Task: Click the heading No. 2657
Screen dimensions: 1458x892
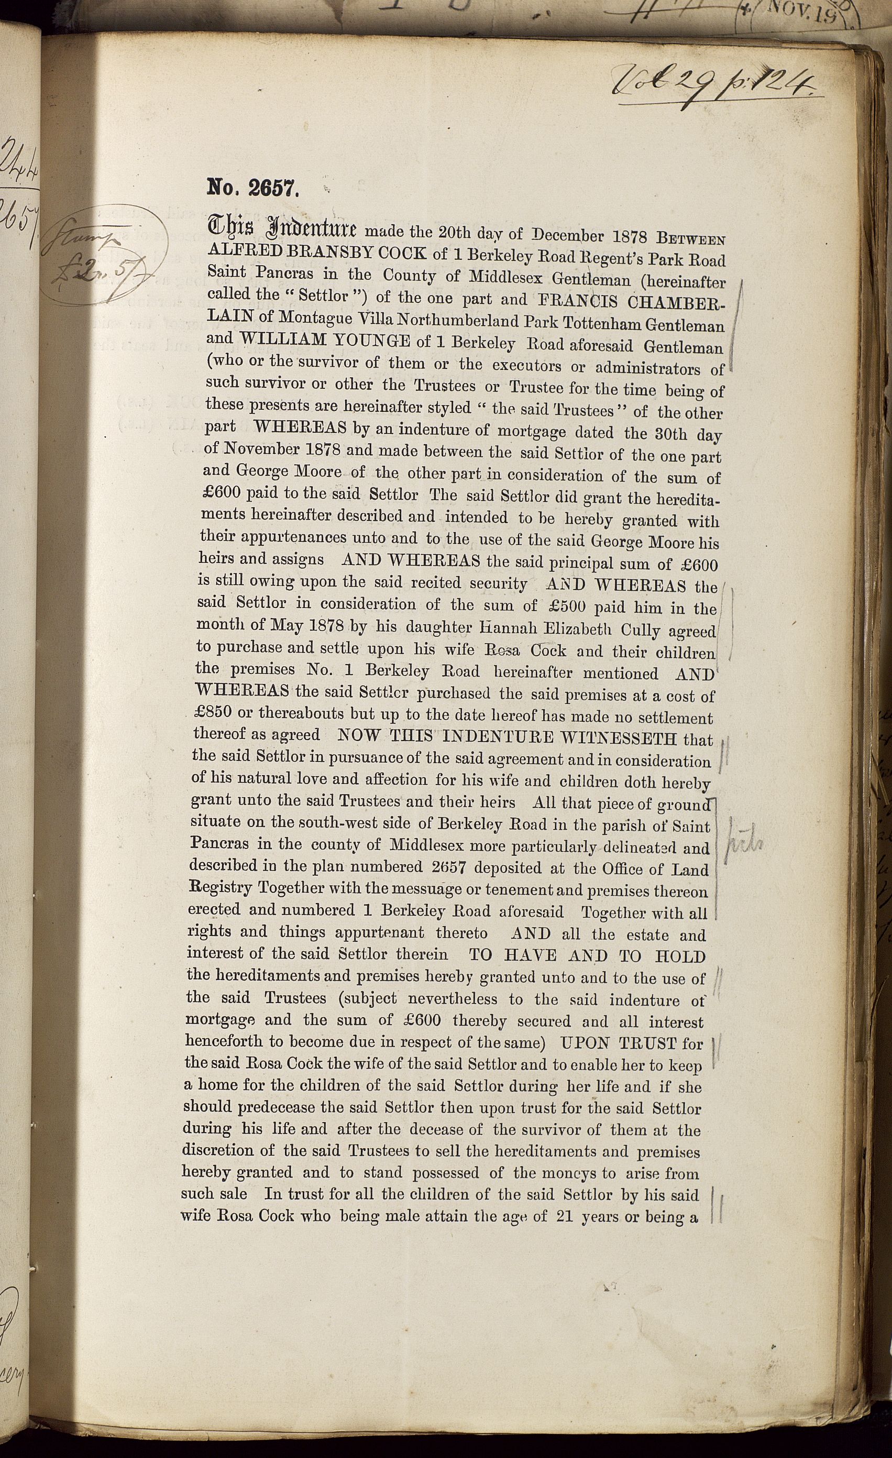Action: (x=255, y=188)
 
